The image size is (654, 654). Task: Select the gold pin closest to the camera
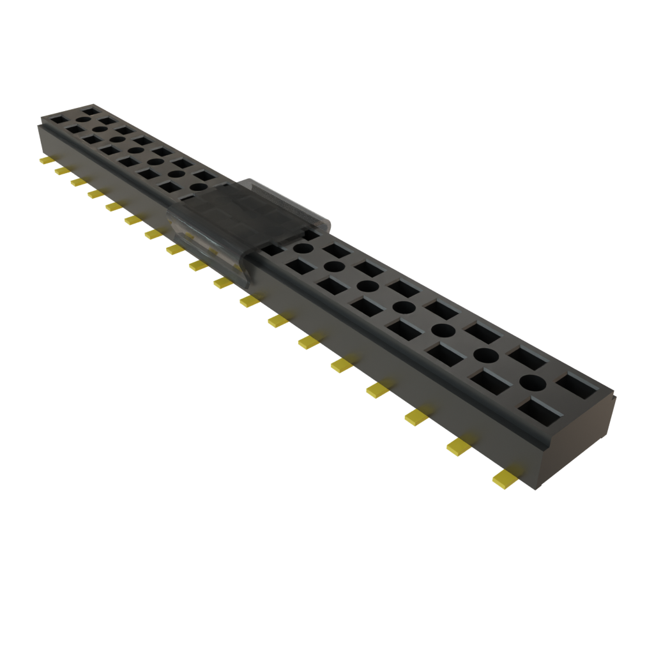(x=505, y=477)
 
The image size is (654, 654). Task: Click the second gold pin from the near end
(x=459, y=446)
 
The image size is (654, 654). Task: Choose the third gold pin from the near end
(x=416, y=417)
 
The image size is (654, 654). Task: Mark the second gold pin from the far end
(x=62, y=171)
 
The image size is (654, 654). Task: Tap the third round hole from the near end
(x=441, y=330)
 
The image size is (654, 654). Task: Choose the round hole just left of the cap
(x=199, y=187)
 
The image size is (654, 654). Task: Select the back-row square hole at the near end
(x=577, y=385)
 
